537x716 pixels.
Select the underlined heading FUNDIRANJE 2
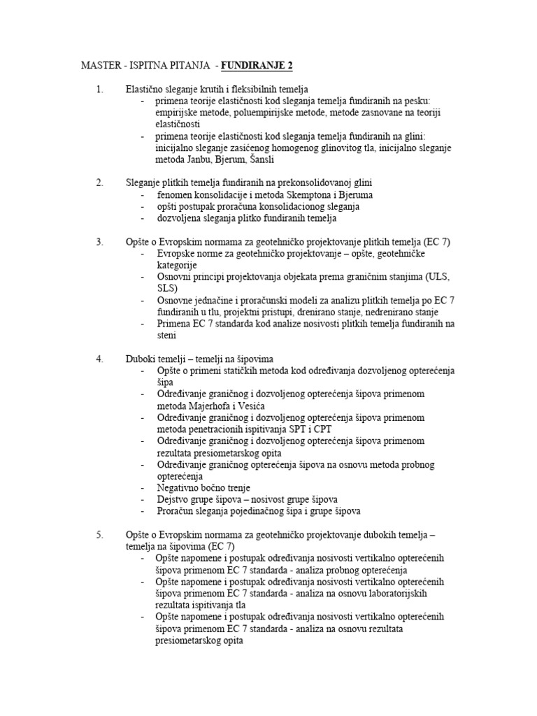click(x=257, y=66)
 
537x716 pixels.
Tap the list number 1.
click(x=99, y=90)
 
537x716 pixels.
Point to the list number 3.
click(x=99, y=242)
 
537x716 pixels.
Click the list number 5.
click(x=99, y=535)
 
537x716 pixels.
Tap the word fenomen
click(x=177, y=195)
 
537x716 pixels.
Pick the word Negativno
click(x=180, y=488)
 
